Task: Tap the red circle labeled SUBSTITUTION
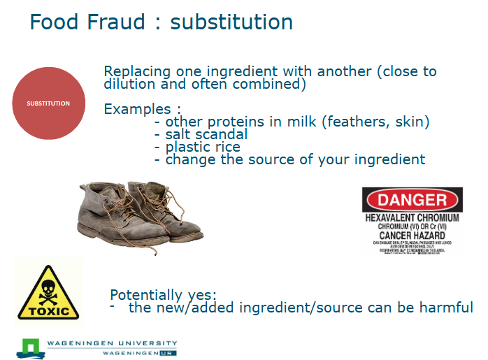point(49,103)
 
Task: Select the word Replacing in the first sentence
point(134,71)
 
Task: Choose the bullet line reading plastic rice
point(202,147)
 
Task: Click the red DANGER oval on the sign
point(412,201)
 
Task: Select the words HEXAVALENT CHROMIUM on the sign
point(412,217)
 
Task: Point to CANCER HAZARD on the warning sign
point(412,236)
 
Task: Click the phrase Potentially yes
point(163,295)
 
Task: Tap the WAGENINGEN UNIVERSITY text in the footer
point(111,343)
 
